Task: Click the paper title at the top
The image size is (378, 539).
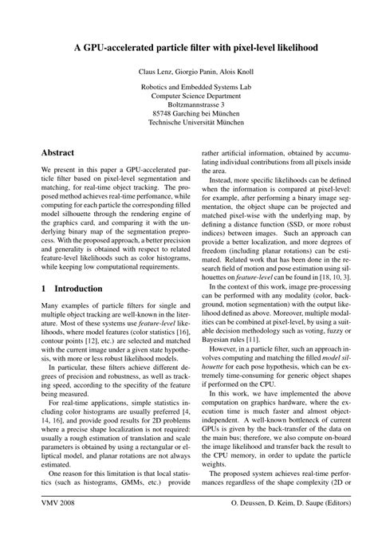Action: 189,48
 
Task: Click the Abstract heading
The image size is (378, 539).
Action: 58,151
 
